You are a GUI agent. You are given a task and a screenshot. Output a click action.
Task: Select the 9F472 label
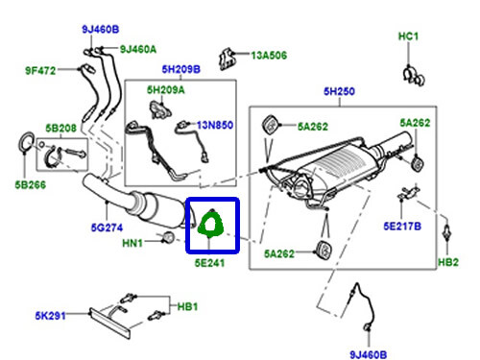41,68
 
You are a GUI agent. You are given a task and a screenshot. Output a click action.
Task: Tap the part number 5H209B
180,69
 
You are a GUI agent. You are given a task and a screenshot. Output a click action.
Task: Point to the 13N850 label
216,124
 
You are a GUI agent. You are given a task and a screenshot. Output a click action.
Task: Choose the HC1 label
409,36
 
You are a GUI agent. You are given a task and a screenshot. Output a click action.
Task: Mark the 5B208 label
60,127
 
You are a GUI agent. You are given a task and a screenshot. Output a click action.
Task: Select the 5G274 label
106,228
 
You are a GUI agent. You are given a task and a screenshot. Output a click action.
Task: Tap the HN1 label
132,243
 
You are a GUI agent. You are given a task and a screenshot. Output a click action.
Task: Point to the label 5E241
209,258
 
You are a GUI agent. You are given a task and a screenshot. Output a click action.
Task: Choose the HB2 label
449,261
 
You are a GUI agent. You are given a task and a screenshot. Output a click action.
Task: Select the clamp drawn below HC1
409,71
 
